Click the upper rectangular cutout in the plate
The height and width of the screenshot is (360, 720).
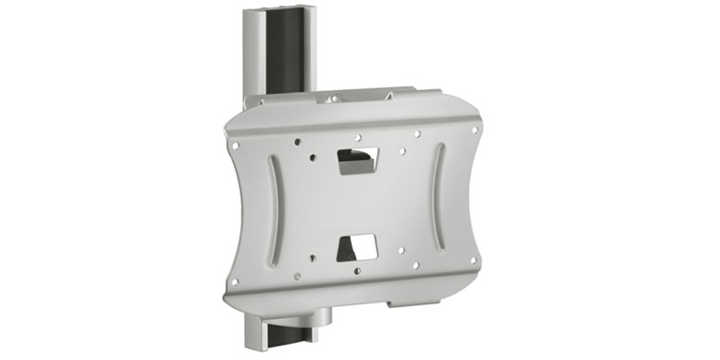[356, 160]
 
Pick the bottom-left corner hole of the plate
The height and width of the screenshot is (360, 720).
[236, 282]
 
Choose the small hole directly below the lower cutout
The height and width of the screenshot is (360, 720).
[357, 270]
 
